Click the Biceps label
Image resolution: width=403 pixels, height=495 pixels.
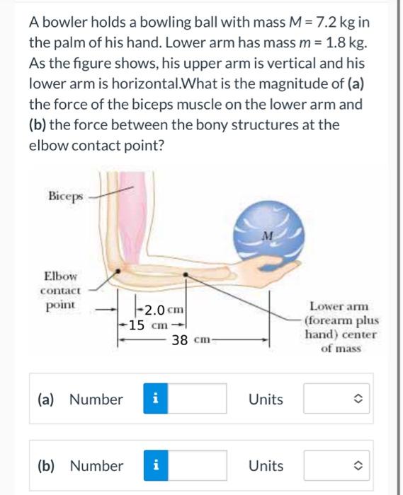coord(65,194)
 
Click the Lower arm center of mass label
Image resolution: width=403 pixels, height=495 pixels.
coord(341,327)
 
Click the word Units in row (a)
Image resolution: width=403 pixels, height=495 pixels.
coord(266,400)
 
